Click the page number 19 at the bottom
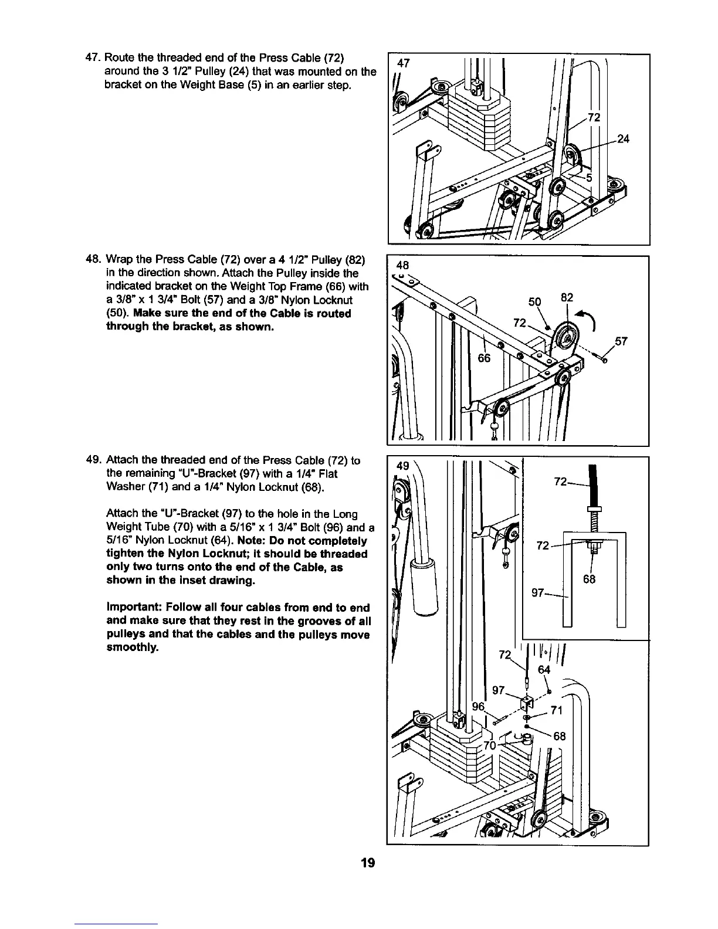click(368, 863)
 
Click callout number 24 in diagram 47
click(624, 139)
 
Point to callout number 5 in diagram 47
click(590, 178)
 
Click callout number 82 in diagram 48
click(567, 297)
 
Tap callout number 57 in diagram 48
click(621, 342)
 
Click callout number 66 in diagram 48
click(484, 358)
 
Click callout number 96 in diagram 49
click(479, 706)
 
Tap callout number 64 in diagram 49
click(544, 670)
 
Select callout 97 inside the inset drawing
click(538, 593)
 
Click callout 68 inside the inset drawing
click(590, 580)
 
